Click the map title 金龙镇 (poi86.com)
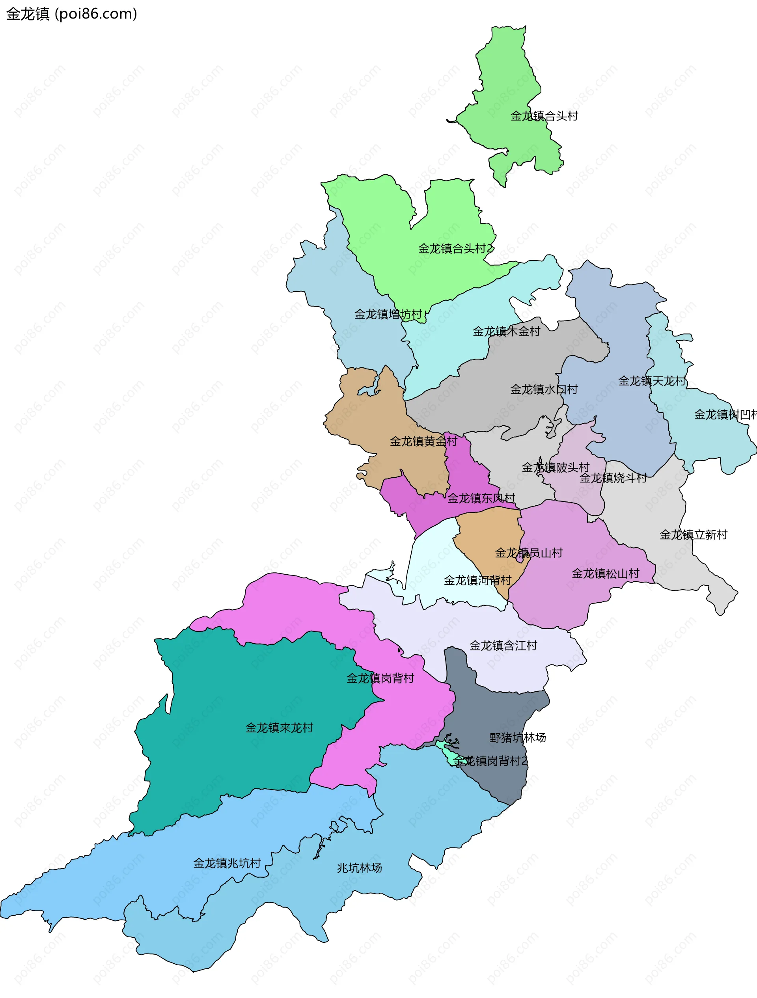point(71,14)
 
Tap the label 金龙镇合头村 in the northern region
point(544,116)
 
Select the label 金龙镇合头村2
point(456,249)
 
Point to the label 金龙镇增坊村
point(388,315)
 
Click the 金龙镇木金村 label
point(506,331)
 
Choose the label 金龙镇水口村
point(544,389)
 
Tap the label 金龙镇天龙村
point(652,381)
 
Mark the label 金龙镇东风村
point(481,498)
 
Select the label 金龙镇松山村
point(605,573)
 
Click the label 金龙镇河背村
point(477,580)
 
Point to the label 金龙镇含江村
point(503,646)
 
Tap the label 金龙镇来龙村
point(279,728)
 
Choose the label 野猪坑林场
point(518,738)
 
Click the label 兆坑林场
point(359,868)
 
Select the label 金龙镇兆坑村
point(227,863)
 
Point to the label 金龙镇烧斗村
point(613,478)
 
